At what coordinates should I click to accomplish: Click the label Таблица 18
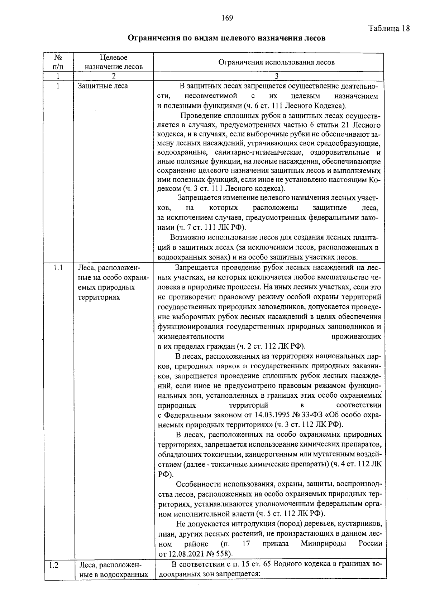[x=389, y=29]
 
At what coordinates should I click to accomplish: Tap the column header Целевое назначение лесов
[x=114, y=62]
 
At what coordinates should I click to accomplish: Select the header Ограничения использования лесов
[x=276, y=62]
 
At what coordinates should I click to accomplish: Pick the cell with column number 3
[x=276, y=76]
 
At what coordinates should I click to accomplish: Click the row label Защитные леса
[x=102, y=86]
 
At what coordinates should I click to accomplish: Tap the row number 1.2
[x=54, y=566]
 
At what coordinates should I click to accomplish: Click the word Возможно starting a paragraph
[x=187, y=237]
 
